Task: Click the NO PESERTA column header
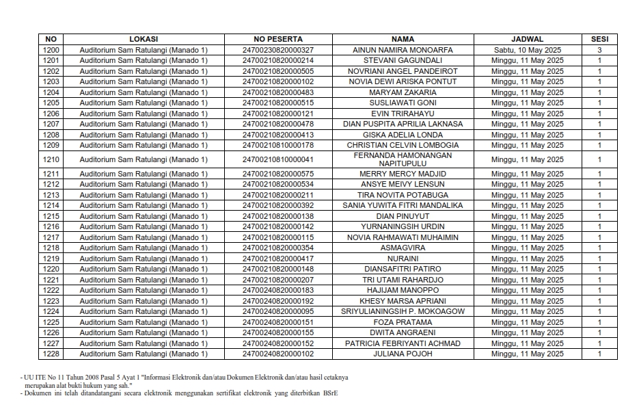click(277, 39)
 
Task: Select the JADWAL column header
click(527, 39)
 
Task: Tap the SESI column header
click(599, 39)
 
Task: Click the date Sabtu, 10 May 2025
click(527, 50)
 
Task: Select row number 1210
click(51, 159)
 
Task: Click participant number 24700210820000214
click(277, 61)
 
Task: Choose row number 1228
click(51, 354)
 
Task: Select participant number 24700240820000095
click(277, 311)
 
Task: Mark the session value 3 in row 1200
click(599, 50)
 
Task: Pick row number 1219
click(51, 259)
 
